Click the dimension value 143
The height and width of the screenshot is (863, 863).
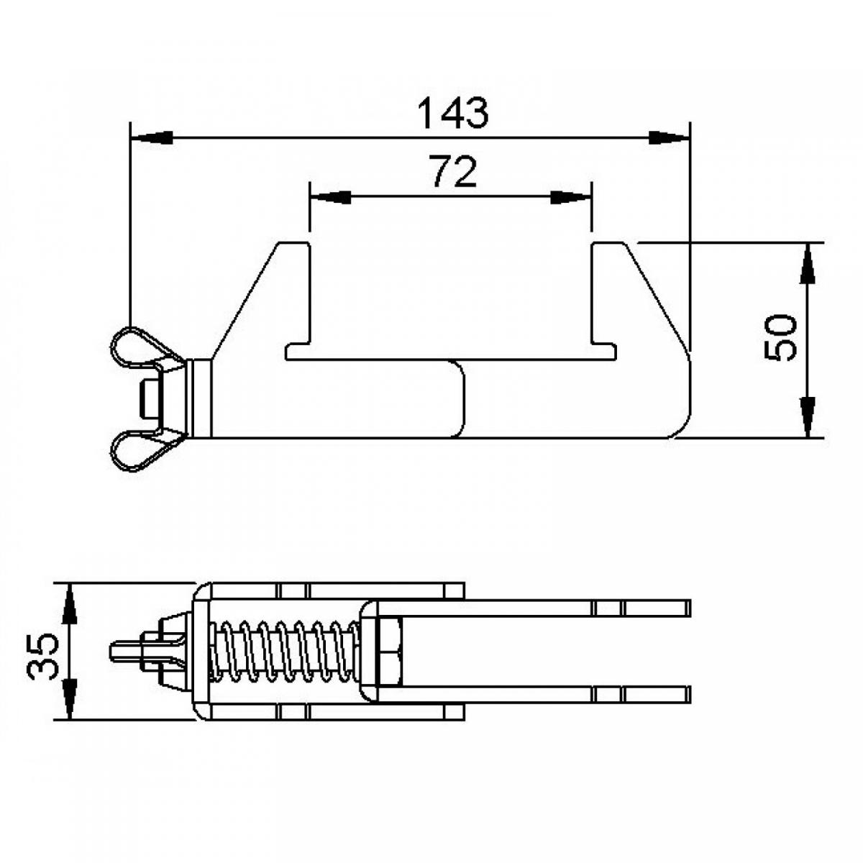[452, 113]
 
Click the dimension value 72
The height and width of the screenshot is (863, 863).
[454, 173]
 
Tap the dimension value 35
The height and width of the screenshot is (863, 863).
[42, 654]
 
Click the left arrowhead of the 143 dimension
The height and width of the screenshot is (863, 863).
[152, 137]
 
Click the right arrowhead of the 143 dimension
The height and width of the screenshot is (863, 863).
[667, 137]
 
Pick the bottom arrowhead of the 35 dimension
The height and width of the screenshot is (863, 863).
[69, 698]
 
